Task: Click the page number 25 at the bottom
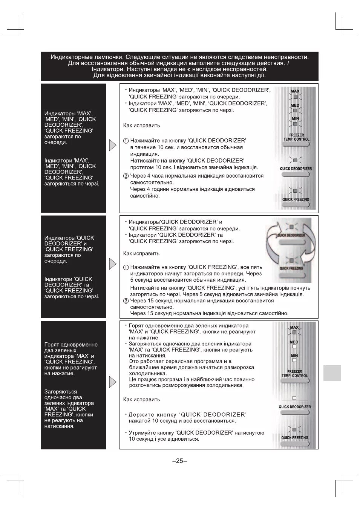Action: point(180,461)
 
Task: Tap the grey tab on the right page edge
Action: point(332,373)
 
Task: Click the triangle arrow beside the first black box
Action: point(112,145)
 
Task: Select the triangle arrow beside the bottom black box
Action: point(112,382)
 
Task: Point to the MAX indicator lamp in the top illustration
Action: point(295,96)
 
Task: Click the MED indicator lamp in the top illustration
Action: point(295,110)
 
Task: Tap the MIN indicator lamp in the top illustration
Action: point(295,124)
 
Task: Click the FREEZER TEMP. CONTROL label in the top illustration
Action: point(296,137)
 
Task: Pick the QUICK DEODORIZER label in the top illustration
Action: point(296,169)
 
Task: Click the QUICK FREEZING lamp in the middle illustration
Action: point(291,260)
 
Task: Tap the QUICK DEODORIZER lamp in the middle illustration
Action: point(291,227)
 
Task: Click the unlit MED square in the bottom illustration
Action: point(294,346)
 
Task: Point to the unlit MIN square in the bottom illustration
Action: point(294,360)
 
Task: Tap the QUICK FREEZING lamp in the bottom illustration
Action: point(294,429)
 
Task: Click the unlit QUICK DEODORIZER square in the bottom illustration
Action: point(294,398)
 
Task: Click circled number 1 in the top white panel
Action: point(126,141)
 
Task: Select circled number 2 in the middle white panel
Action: point(126,301)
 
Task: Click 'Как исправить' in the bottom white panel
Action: point(142,399)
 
